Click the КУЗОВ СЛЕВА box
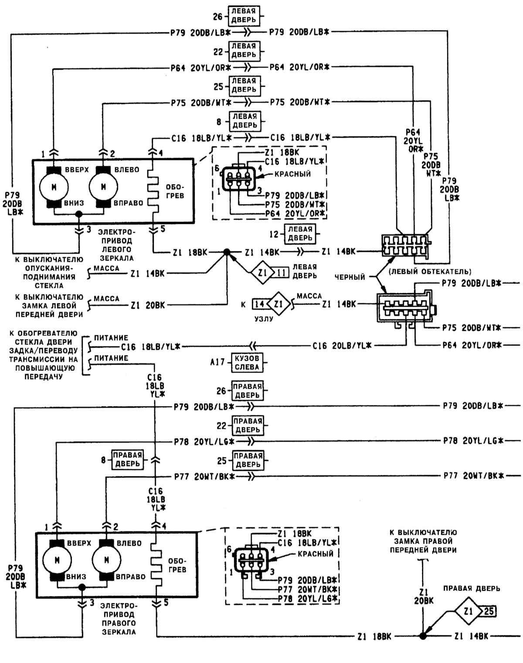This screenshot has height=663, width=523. [248, 362]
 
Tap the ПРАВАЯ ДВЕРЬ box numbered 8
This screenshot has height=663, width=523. [128, 459]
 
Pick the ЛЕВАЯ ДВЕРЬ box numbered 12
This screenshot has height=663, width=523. [300, 233]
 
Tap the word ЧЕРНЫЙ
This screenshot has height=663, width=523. [350, 277]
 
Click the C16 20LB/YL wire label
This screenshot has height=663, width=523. [341, 346]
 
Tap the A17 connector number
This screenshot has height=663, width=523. [221, 362]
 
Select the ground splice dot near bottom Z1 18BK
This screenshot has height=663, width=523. [422, 636]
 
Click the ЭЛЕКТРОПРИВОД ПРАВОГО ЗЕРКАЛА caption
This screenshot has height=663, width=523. [119, 619]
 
